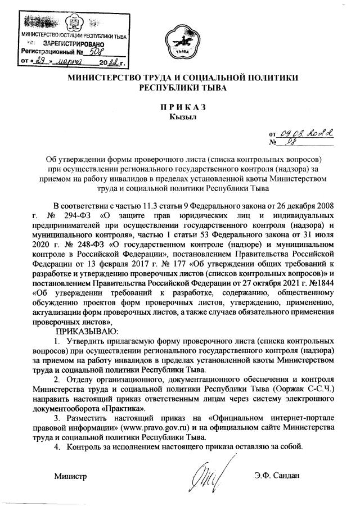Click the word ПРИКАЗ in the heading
point(179,107)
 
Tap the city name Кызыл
point(180,117)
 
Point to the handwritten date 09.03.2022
point(308,133)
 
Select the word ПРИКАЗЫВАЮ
point(84,332)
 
